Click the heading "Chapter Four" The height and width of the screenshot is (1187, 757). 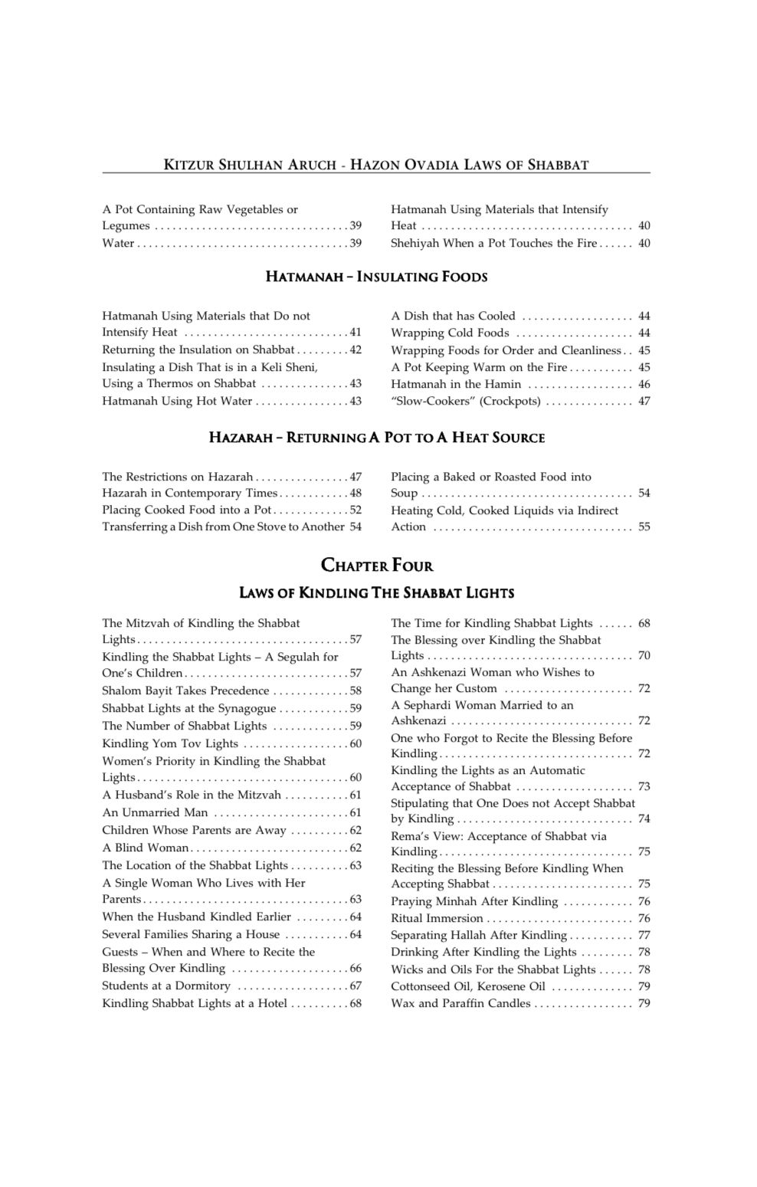(376, 566)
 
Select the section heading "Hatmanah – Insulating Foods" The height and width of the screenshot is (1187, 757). (376, 277)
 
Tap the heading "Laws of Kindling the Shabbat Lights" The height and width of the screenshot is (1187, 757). (376, 592)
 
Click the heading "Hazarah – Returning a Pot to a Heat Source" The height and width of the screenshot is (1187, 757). (376, 438)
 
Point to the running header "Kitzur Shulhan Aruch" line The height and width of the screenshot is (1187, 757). (376, 165)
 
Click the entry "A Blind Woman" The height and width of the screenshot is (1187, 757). (146, 848)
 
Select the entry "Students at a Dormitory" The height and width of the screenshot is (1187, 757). (166, 985)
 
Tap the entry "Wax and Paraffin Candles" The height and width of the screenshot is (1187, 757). (460, 1003)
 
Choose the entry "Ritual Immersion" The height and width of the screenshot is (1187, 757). (437, 918)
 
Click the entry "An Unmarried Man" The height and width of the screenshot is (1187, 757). (155, 812)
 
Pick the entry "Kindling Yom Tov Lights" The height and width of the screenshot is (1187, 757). (170, 743)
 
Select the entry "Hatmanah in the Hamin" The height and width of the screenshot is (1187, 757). (456, 384)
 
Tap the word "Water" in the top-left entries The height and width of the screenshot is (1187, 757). (118, 243)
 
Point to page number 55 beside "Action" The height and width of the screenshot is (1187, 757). (644, 526)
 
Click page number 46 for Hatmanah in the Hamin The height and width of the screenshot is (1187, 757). (644, 384)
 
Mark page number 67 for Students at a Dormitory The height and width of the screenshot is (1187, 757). (356, 985)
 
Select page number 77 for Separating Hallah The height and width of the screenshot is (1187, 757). (644, 935)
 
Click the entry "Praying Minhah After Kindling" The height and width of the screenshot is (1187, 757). (474, 901)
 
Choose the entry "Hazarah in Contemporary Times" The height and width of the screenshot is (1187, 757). (189, 493)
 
